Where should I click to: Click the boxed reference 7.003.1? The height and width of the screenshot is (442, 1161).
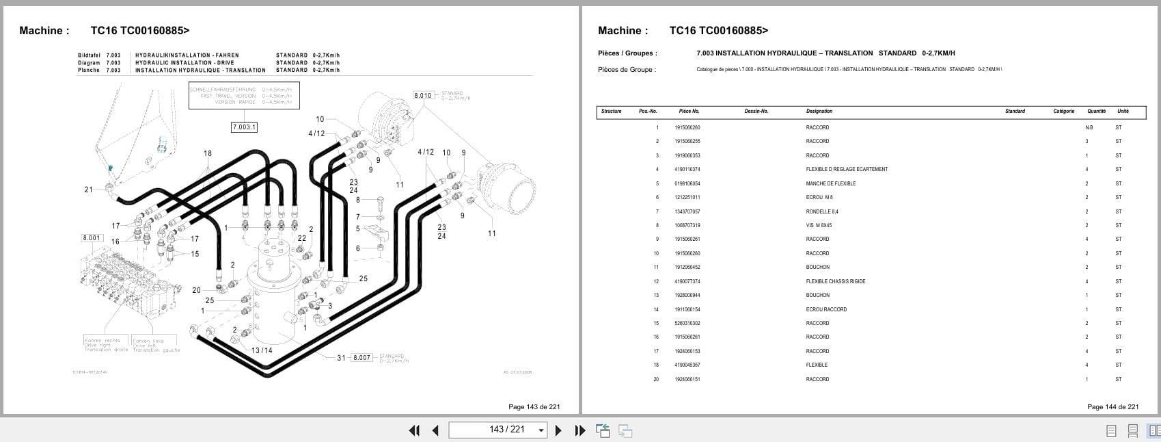(x=244, y=127)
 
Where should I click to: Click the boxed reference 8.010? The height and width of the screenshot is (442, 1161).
(x=424, y=95)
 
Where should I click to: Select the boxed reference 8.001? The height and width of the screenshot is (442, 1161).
(x=92, y=238)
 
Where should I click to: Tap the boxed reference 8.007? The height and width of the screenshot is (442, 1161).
(x=361, y=358)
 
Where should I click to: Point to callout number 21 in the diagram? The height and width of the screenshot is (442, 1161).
(x=88, y=190)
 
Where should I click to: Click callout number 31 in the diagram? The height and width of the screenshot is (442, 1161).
(x=341, y=358)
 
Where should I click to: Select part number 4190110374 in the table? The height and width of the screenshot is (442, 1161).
(x=687, y=169)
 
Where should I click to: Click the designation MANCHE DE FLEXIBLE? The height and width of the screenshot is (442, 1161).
(x=830, y=183)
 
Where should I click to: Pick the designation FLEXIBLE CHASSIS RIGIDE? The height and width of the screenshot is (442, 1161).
(x=835, y=281)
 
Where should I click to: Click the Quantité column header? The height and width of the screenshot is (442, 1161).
(x=1096, y=111)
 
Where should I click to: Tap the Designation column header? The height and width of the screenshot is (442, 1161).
(x=819, y=111)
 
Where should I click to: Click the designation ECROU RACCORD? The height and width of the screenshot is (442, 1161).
(x=826, y=309)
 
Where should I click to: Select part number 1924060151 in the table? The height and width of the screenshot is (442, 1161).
(x=687, y=379)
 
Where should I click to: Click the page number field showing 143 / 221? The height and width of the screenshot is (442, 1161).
(x=497, y=430)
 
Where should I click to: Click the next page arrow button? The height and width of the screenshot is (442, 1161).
(x=558, y=430)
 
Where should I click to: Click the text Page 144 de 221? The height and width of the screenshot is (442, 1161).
(x=1112, y=406)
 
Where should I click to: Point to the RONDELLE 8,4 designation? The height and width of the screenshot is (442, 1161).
(x=821, y=211)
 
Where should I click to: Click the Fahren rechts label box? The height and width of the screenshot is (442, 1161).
(x=103, y=344)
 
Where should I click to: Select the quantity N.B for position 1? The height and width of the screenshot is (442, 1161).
(x=1089, y=127)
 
